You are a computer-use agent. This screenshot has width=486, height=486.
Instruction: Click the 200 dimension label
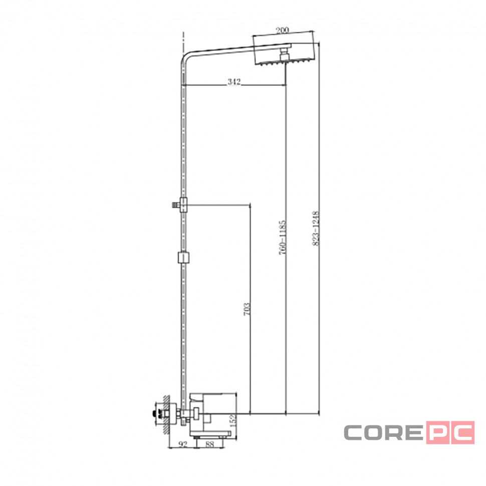pyautogui.click(x=282, y=30)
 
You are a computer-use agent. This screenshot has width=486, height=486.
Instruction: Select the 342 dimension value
pyautogui.click(x=234, y=82)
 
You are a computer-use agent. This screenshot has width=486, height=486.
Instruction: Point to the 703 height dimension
pyautogui.click(x=247, y=309)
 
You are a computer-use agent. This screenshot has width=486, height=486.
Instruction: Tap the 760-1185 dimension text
pyautogui.click(x=282, y=237)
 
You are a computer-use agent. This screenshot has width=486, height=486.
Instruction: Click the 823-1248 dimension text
pyautogui.click(x=316, y=228)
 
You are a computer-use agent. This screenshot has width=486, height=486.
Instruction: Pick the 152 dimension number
pyautogui.click(x=233, y=420)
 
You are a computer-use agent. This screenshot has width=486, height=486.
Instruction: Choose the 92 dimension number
pyautogui.click(x=183, y=444)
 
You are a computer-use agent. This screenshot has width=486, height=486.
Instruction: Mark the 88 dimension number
pyautogui.click(x=210, y=444)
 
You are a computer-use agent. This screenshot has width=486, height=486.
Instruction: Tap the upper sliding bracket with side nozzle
pyautogui.click(x=182, y=205)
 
